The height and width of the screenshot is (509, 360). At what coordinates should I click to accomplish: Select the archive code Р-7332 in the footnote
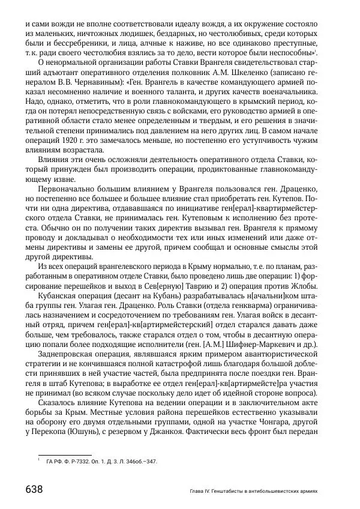tap(78, 462)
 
